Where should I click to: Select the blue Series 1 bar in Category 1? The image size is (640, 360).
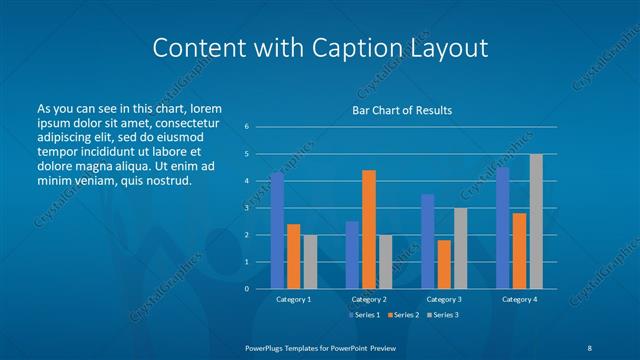point(277,230)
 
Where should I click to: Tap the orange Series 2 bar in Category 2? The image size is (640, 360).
point(369,229)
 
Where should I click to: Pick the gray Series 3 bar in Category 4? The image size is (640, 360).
point(536,221)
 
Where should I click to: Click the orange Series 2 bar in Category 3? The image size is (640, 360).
point(444,264)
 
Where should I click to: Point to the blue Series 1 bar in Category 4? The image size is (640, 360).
point(502,228)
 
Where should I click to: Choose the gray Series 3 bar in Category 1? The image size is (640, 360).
point(310,261)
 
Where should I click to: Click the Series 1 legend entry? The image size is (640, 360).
point(364,315)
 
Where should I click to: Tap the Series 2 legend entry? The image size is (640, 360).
point(403,315)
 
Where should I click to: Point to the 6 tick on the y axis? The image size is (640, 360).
point(246,127)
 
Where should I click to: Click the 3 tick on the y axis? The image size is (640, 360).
point(246,208)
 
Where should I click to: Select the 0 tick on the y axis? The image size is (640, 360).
point(246,289)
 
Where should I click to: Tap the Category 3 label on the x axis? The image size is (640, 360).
point(444,299)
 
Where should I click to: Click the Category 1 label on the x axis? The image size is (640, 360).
point(293,299)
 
